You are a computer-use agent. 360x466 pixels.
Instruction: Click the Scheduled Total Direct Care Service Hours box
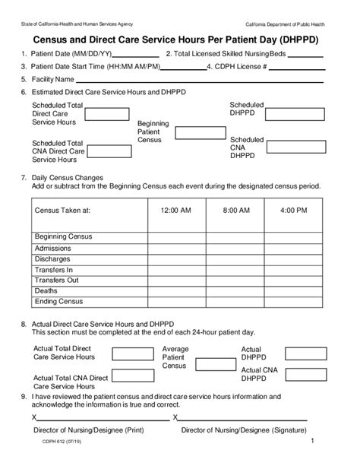point(106,114)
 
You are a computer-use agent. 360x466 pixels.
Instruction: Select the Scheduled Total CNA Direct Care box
point(106,148)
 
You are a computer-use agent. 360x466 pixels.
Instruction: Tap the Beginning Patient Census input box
point(195,133)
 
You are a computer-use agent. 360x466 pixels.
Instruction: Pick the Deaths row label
point(46,290)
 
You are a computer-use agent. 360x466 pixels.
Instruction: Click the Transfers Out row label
point(57,280)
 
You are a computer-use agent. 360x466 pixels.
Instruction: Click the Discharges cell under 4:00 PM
point(293,258)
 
